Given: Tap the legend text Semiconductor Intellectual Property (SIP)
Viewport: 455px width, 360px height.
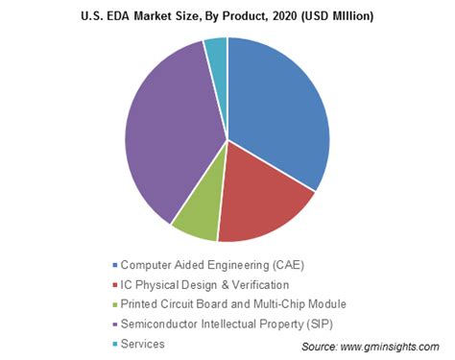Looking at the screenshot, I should click(230, 324).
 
